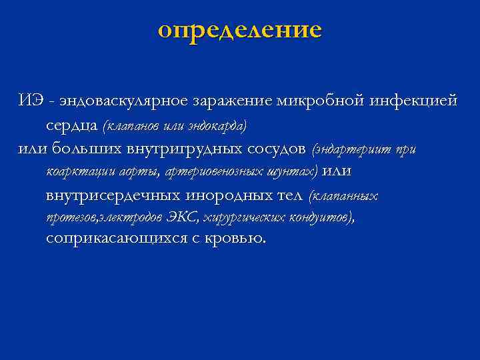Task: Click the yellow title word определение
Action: click(x=240, y=30)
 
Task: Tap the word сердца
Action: click(x=72, y=125)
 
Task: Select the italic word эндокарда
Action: click(x=218, y=125)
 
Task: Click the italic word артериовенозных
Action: click(x=205, y=171)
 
